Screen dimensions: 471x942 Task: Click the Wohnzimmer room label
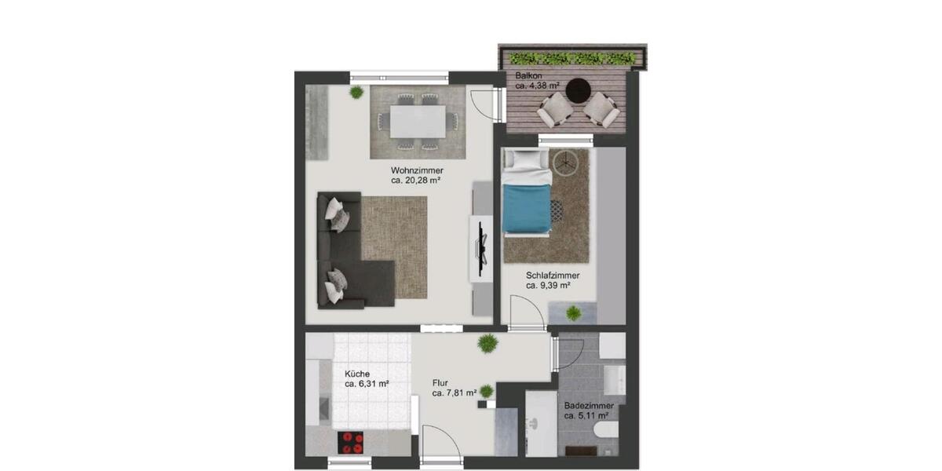click(x=417, y=170)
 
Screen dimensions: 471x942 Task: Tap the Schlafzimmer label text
click(x=553, y=276)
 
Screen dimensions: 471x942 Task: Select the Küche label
click(x=357, y=374)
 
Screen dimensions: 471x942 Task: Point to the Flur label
click(x=440, y=384)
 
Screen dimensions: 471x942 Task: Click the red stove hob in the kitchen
click(x=351, y=442)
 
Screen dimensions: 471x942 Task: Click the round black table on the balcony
click(x=579, y=89)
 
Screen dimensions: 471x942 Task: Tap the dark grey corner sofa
click(x=345, y=259)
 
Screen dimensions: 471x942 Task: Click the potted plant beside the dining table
click(x=356, y=93)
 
